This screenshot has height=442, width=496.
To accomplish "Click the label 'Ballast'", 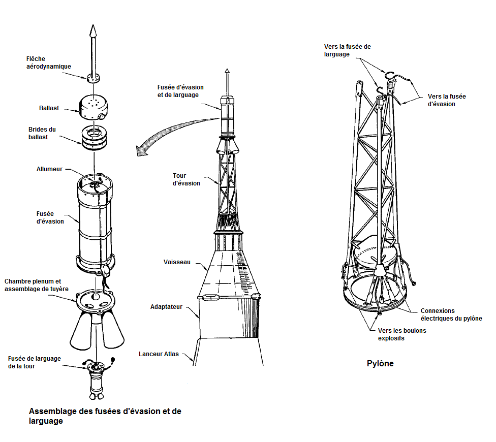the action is click(49, 108).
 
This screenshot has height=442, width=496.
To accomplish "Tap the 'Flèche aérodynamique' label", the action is click(49, 62).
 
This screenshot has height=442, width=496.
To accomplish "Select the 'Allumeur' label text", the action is click(49, 169).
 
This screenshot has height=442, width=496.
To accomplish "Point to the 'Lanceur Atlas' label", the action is click(159, 354).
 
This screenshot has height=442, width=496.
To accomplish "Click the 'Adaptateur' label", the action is click(166, 307).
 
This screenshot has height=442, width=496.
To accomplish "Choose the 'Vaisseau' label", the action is click(177, 262).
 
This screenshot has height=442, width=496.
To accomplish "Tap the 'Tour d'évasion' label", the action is click(187, 179).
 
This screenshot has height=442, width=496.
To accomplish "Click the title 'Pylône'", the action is click(380, 364).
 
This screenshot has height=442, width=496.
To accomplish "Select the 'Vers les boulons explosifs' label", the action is click(402, 334).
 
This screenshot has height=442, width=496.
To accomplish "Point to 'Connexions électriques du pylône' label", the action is click(451, 314).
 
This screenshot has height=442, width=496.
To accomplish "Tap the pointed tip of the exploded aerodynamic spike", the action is click(93, 25).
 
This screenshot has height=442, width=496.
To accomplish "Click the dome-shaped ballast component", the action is click(93, 107).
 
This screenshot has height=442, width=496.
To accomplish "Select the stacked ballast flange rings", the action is click(94, 138).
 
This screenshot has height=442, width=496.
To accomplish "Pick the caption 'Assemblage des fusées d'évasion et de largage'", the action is click(105, 416).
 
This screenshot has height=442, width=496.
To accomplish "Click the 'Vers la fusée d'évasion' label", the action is click(447, 100).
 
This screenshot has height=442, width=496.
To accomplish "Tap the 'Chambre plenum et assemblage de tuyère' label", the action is click(37, 285).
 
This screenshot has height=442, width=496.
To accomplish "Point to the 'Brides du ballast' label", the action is click(42, 134).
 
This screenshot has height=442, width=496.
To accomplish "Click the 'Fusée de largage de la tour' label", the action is click(35, 362).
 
